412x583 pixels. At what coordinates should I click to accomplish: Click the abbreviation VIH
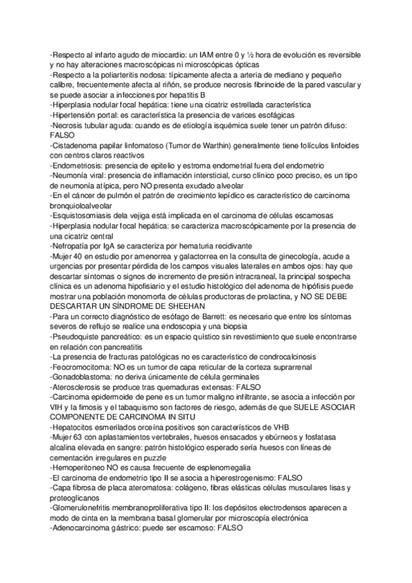58,406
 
